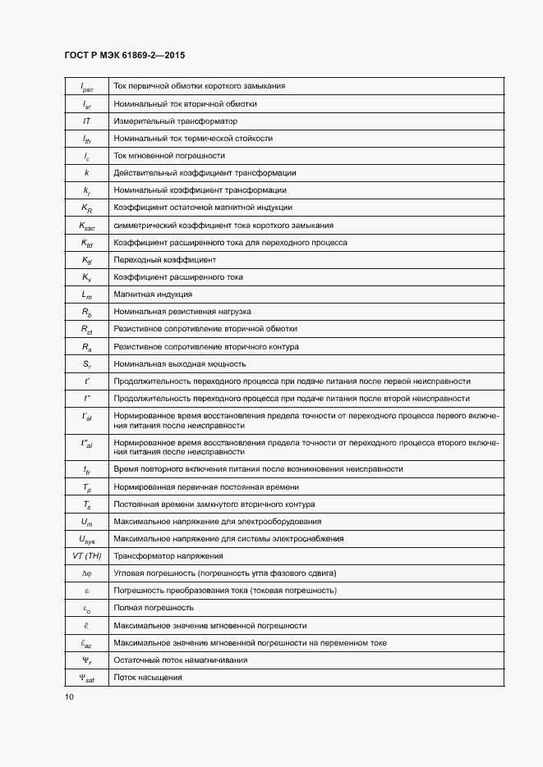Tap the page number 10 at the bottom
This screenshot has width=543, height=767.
pos(69,696)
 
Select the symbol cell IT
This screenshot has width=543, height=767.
pos(86,121)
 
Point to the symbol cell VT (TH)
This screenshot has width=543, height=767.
pos(86,556)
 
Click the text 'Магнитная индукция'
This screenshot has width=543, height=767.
pos(153,294)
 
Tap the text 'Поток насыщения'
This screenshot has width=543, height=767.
pos(148,678)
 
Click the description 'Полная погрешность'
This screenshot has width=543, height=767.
pos(154,608)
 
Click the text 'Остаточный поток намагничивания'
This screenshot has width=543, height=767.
pos(180,660)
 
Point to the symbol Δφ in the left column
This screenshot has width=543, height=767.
pos(86,573)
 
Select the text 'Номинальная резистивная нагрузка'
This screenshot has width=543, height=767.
pos(182,312)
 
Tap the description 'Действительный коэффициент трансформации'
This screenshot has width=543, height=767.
pos(205,173)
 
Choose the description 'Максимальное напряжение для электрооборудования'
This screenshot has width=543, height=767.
pos(217,522)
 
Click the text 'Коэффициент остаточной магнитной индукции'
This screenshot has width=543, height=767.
pos(203,208)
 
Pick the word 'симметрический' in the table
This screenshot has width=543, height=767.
pos(140,226)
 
